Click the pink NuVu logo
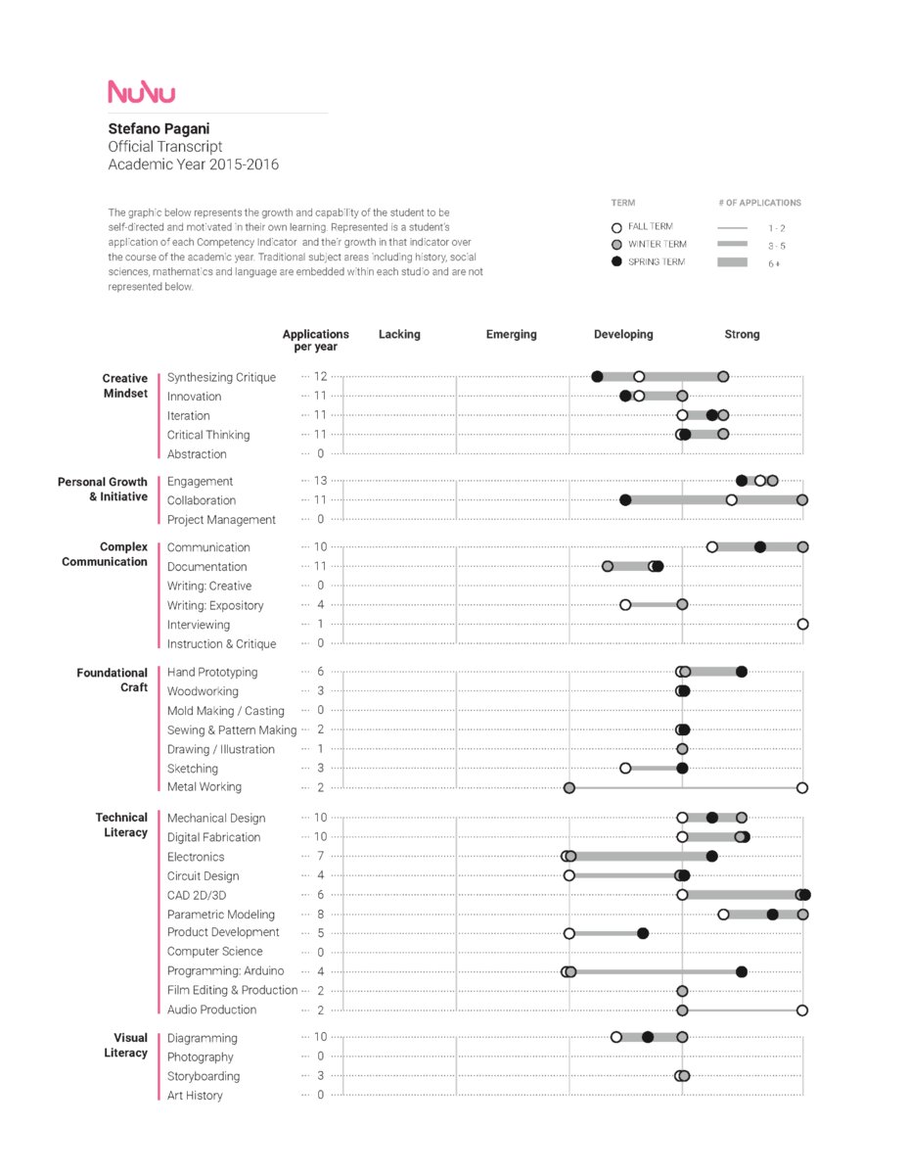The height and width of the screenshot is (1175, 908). [142, 92]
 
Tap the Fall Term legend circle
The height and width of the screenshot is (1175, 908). [616, 227]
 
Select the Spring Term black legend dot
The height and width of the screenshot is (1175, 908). [616, 262]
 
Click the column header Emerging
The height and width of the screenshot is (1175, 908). [511, 335]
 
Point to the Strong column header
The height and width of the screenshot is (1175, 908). [742, 335]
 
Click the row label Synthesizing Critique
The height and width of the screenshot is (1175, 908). [221, 377]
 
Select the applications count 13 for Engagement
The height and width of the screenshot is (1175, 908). [320, 481]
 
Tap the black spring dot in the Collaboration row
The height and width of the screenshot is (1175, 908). [625, 500]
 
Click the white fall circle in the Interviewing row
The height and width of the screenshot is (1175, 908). [802, 624]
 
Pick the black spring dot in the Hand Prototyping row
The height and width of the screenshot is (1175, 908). [742, 672]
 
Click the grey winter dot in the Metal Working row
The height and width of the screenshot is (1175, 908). [569, 787]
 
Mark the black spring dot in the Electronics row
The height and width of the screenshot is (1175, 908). [712, 857]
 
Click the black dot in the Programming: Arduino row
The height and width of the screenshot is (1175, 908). [742, 972]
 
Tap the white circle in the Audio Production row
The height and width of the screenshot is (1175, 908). [802, 1010]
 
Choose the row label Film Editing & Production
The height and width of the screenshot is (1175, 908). [232, 991]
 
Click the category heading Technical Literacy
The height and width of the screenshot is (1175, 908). [121, 824]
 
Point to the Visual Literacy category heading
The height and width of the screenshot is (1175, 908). [125, 1046]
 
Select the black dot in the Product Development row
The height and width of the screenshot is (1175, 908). [643, 933]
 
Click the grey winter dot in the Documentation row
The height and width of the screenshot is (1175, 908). [608, 567]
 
